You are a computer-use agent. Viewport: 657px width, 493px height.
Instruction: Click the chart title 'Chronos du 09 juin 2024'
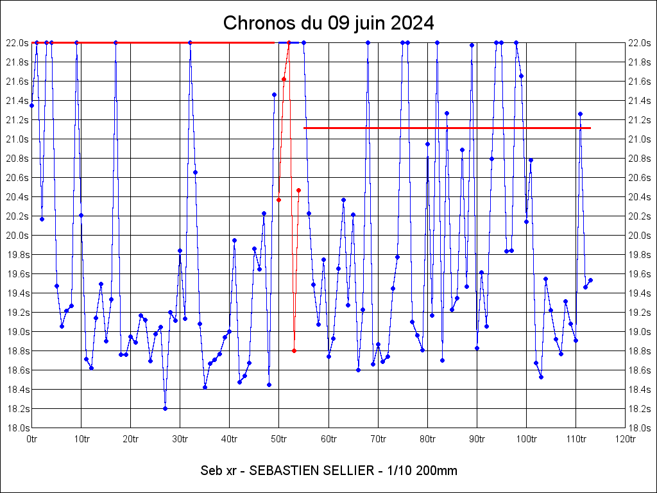(328, 23)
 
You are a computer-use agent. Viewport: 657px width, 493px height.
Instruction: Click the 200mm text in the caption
(438, 471)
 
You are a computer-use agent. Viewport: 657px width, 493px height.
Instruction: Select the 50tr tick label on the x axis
(278, 439)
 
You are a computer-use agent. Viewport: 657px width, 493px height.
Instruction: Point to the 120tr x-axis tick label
(625, 439)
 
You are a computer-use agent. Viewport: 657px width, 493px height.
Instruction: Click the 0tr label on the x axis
(31, 439)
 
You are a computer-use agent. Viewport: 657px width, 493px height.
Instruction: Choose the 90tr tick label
(477, 439)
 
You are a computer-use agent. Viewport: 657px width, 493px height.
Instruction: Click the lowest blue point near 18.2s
(165, 408)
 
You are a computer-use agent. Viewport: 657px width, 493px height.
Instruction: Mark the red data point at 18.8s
(294, 350)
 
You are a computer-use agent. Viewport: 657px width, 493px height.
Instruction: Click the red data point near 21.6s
(284, 79)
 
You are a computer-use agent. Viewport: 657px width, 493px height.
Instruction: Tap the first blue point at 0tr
(31, 105)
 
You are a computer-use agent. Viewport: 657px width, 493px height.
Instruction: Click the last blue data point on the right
(590, 280)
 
